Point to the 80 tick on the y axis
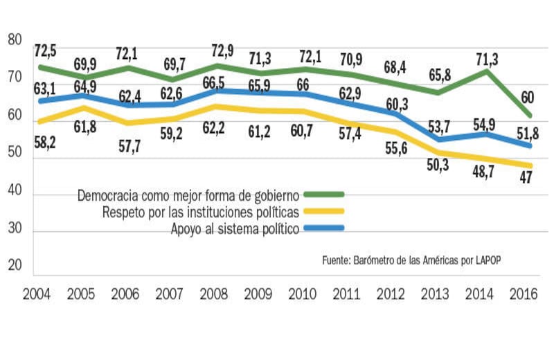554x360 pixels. (15, 41)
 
